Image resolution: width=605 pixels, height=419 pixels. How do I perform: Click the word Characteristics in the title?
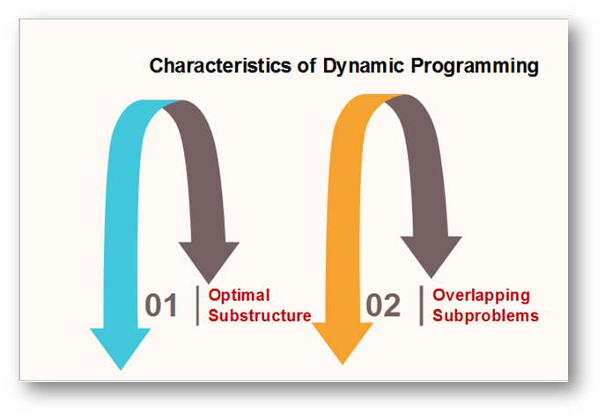point(220,66)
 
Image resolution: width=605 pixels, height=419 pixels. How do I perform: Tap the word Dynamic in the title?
point(364,66)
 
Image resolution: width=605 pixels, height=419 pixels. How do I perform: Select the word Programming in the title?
point(475,66)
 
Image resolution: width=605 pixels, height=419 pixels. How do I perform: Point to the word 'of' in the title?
point(307,66)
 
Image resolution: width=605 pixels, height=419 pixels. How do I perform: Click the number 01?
point(161,305)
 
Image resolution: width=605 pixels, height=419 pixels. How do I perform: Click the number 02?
point(383,305)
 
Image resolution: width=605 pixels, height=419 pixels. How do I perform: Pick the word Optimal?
point(239,296)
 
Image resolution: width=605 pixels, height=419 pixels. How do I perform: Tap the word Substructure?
point(260,316)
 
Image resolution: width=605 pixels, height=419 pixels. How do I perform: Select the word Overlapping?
point(481,296)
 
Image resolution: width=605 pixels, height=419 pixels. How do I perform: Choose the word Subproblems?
point(485,316)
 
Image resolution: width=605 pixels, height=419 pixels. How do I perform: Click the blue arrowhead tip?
point(121,370)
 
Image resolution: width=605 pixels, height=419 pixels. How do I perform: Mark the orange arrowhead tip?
point(343,364)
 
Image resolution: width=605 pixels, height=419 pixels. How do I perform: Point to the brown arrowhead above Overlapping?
point(432,256)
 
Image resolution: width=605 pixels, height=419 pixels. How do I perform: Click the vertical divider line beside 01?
point(197,305)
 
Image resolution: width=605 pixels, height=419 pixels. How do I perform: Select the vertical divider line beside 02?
point(421,305)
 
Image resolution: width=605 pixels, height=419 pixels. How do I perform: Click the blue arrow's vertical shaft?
point(122,232)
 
